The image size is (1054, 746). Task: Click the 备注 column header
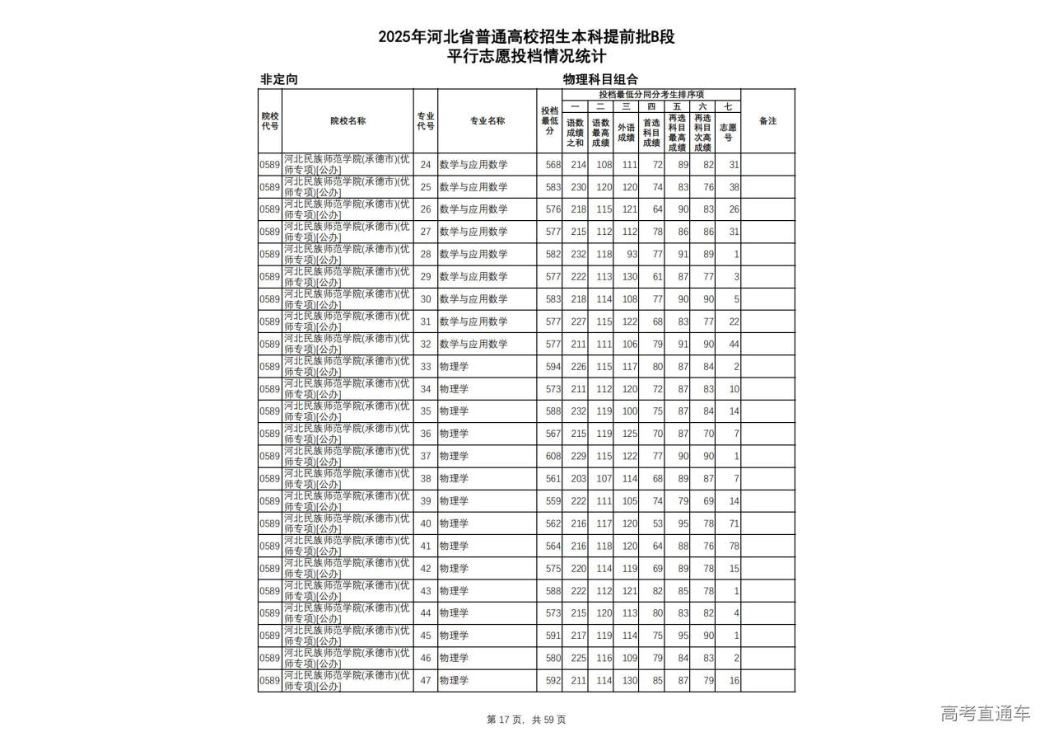767,121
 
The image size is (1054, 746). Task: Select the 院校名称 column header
347,121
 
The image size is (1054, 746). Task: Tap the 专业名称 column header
487,121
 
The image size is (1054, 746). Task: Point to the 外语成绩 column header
626,132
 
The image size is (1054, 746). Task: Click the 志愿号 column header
728,132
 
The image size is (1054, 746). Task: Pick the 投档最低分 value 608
553,456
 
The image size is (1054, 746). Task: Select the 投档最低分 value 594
553,366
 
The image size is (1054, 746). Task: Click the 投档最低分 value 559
553,501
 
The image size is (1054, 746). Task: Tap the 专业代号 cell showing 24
426,165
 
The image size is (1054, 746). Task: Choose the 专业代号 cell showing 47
426,681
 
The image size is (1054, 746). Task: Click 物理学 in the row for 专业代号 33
454,366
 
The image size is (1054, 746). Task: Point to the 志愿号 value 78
734,546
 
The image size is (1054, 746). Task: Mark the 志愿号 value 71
734,523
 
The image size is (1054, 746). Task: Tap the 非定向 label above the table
278,79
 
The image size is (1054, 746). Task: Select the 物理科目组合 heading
600,79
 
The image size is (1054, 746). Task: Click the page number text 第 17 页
506,720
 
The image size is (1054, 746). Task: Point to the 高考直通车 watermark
985,713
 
